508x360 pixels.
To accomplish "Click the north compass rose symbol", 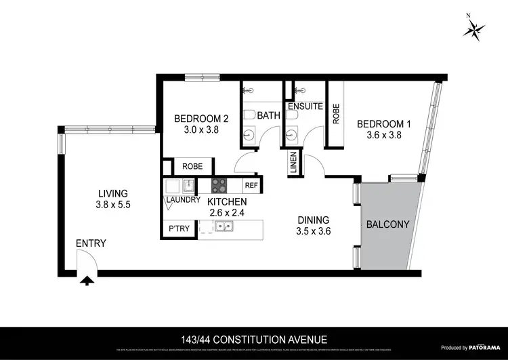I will click(x=472, y=28).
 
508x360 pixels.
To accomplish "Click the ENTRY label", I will click(x=91, y=243).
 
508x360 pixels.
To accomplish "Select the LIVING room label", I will click(x=112, y=193).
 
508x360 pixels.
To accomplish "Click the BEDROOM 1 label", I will click(x=384, y=123).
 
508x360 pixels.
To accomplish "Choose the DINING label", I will click(x=314, y=220).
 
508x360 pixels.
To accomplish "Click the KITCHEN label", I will click(x=227, y=201).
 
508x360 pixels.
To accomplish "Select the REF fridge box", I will click(x=251, y=184).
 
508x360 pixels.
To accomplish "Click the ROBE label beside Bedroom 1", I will click(x=335, y=113).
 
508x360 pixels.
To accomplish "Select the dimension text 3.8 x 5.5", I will click(x=112, y=204).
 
